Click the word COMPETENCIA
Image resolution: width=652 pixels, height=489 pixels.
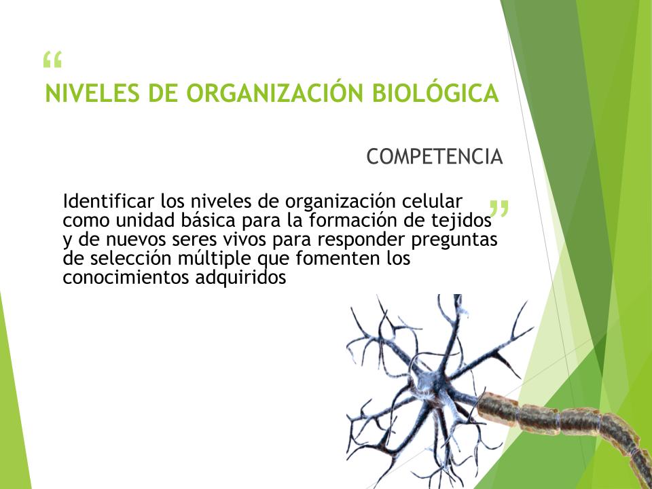[x=435, y=157]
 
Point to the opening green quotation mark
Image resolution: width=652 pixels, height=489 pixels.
[x=52, y=60]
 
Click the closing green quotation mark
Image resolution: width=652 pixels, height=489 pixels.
[x=499, y=209]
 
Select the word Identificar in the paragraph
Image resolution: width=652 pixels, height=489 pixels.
[x=109, y=201]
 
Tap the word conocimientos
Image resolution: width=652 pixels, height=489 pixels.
[x=126, y=277]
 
